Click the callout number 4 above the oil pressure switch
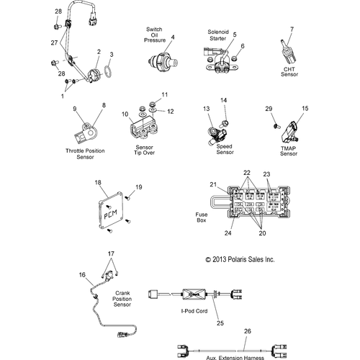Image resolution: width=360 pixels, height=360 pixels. pos(173,37)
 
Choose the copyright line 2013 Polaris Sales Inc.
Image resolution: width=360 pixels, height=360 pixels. pos(240,259)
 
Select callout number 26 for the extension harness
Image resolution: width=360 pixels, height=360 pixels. pos(248,330)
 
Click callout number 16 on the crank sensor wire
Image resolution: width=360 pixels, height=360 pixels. pos(81,274)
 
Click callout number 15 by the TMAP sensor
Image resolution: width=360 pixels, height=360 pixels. pos(305,108)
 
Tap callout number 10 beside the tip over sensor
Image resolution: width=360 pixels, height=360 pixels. pos(124,114)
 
